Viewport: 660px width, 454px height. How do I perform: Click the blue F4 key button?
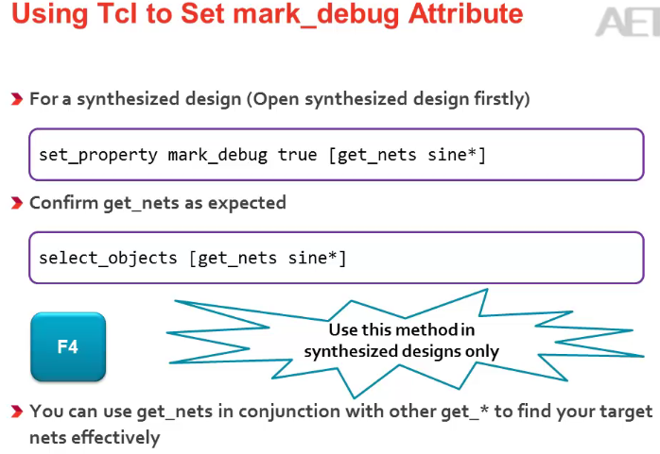[x=68, y=347]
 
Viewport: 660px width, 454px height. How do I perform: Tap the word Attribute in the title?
[x=468, y=14]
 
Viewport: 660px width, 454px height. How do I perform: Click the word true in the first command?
[x=297, y=155]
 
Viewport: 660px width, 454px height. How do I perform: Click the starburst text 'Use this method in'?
[x=401, y=330]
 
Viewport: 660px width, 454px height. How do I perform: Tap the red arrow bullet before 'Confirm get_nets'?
[x=17, y=204]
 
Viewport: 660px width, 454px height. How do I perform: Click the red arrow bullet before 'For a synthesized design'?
[x=17, y=99]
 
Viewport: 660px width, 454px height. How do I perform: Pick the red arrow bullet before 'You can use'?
[x=17, y=412]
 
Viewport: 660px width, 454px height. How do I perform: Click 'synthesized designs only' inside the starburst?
[x=401, y=351]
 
